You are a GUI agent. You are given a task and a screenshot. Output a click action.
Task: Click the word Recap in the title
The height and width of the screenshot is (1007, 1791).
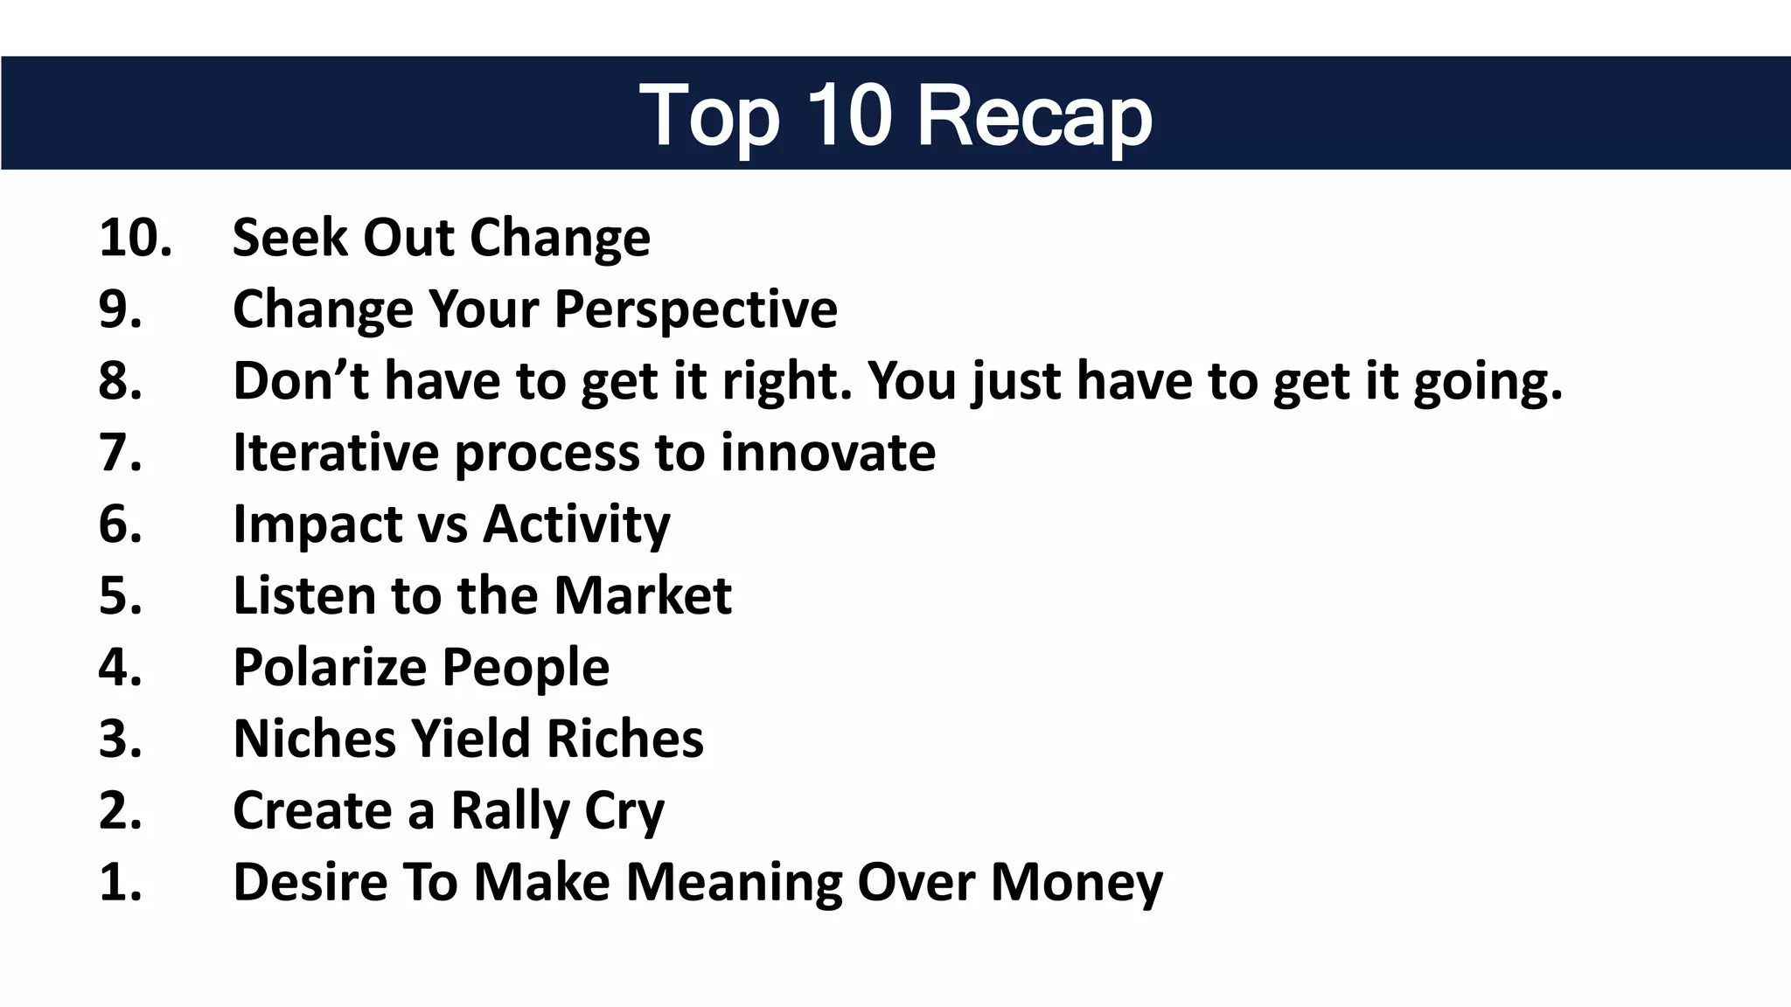(1035, 116)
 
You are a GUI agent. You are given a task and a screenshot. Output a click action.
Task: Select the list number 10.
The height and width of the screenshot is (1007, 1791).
(135, 238)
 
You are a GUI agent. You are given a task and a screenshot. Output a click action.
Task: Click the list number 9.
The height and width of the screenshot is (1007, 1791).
(120, 309)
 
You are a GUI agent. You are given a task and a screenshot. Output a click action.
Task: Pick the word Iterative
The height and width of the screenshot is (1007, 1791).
(336, 453)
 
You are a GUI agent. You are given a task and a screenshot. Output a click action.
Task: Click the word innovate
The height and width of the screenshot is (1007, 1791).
(827, 453)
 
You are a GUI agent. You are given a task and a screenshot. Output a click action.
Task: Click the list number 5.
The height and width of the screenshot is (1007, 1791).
(120, 596)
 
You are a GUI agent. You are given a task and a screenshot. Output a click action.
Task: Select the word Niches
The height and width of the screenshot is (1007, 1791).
(313, 740)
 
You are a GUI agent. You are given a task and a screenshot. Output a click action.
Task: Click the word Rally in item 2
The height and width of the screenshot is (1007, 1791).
(510, 811)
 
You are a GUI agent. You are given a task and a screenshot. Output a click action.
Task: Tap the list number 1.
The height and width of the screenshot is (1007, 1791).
(120, 882)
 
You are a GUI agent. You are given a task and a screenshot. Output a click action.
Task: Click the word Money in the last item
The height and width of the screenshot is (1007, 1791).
(1077, 883)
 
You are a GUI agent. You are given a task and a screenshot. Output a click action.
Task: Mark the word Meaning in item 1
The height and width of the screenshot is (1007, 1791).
(734, 883)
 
